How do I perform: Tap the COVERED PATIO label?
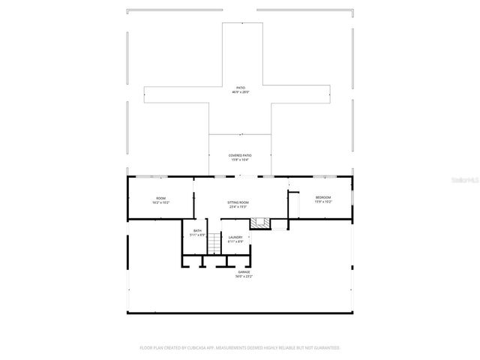(239, 155)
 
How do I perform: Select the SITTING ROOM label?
(238, 202)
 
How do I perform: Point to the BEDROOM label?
(323, 197)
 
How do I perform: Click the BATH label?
(197, 231)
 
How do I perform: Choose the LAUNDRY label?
(235, 237)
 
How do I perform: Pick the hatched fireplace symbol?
(259, 223)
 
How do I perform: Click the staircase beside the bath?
(214, 241)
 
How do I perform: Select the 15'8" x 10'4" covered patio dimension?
(239, 160)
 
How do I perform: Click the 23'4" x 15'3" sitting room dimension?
(238, 207)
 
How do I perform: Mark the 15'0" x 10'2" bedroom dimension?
(323, 202)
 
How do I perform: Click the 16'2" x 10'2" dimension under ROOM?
(160, 202)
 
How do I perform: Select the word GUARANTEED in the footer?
(324, 348)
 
